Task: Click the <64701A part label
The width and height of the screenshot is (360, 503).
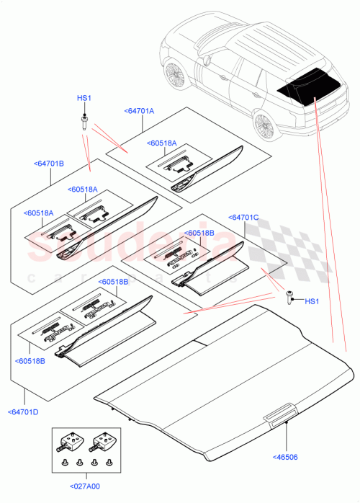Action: pyautogui.click(x=138, y=110)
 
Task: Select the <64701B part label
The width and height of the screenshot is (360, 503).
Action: pyautogui.click(x=49, y=164)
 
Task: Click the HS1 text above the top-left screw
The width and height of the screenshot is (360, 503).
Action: pyautogui.click(x=84, y=98)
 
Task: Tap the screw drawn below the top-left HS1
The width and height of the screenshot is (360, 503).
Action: pyautogui.click(x=84, y=120)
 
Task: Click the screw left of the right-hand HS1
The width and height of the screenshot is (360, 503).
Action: pyautogui.click(x=289, y=295)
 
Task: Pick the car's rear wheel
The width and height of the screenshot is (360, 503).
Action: pyautogui.click(x=264, y=125)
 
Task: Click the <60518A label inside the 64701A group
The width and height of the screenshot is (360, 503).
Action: pyautogui.click(x=164, y=143)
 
